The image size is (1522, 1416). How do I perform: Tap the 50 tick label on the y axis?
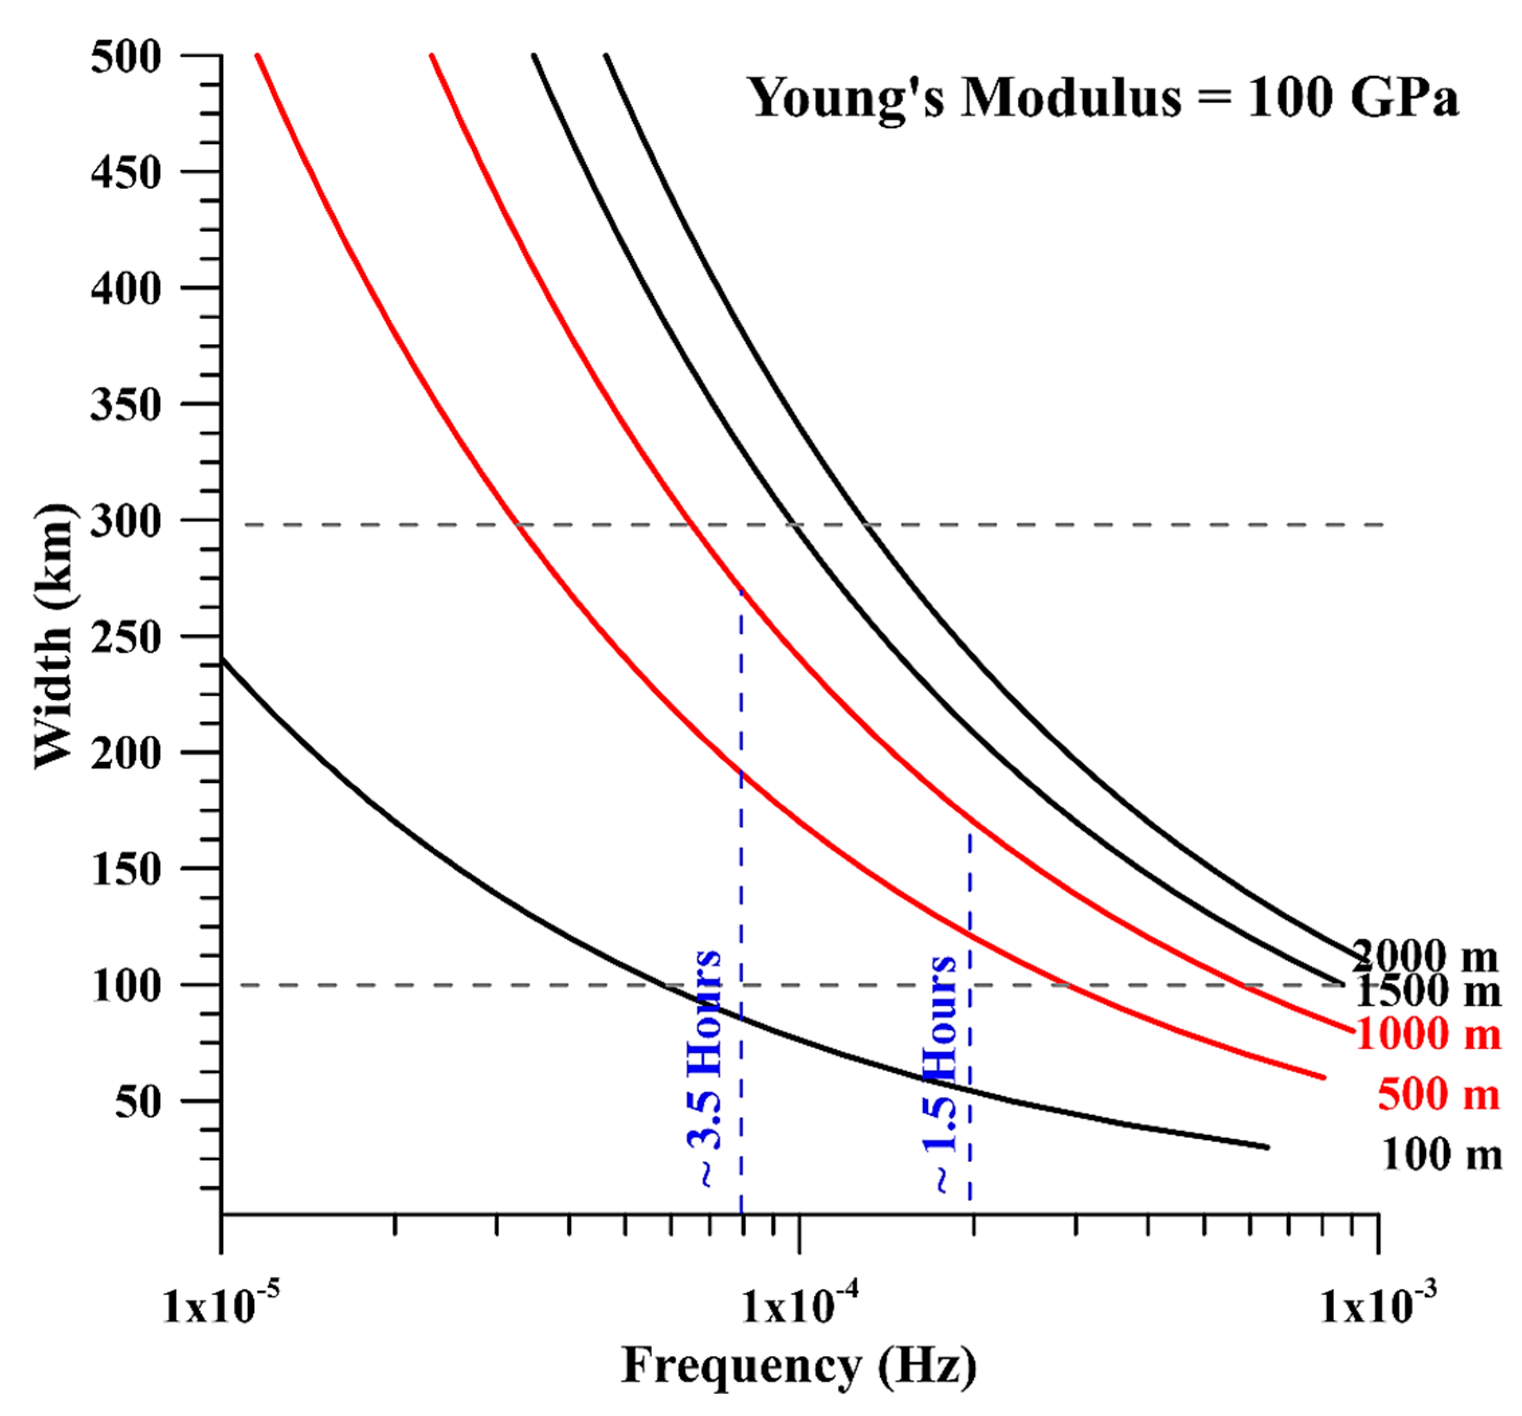coord(138,1102)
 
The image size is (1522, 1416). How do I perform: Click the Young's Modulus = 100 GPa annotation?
coord(1103,98)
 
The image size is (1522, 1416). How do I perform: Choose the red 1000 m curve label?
coord(1428,1034)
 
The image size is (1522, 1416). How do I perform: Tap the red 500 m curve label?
coord(1438,1094)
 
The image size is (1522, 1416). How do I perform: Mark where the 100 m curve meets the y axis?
coord(222,659)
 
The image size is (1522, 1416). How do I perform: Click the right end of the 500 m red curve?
coord(1323,1077)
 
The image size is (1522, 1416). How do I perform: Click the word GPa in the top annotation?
coord(1404,98)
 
